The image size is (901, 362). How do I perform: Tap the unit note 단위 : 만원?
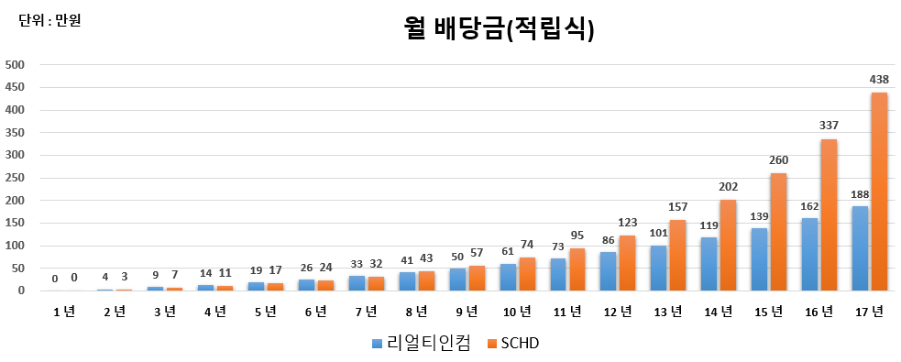point(50,19)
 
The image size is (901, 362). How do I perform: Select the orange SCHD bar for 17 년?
point(878,192)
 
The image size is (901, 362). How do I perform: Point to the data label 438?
point(878,80)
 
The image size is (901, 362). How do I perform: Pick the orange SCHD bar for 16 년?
point(829,215)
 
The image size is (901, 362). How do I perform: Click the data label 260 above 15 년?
point(778,160)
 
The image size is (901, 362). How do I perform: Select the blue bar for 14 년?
point(709,264)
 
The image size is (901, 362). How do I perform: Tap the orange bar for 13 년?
point(677,256)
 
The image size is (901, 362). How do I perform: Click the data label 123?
point(628,223)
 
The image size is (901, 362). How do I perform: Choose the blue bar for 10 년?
point(507,277)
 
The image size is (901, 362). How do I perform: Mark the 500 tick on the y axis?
point(16,65)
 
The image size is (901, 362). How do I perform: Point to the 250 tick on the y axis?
point(16,178)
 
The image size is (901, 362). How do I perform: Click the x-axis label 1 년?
point(63,312)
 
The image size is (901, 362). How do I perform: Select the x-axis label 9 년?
point(467,312)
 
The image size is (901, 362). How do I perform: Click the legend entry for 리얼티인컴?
point(422,344)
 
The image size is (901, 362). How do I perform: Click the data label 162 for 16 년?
point(808,207)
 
